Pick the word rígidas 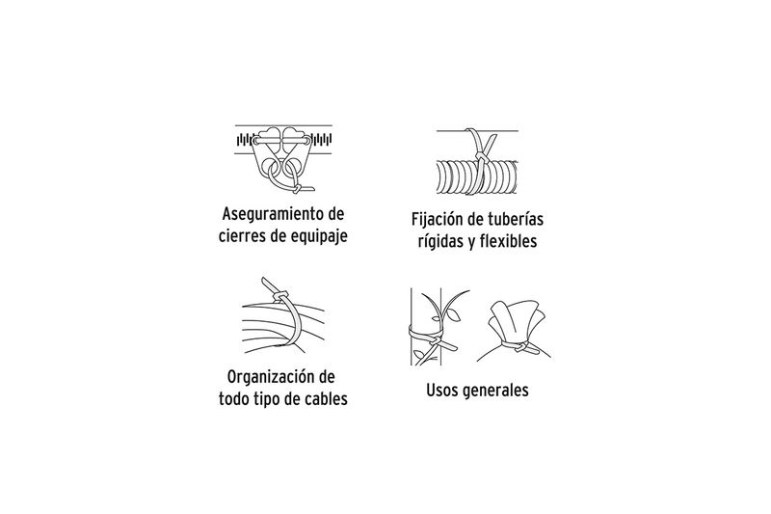pyautogui.click(x=438, y=241)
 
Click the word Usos pyautogui.click(x=442, y=390)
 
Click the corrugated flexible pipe pyautogui.click(x=476, y=176)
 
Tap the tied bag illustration pyautogui.click(x=514, y=331)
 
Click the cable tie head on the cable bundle pyautogui.click(x=279, y=297)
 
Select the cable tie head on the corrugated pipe pyautogui.click(x=480, y=157)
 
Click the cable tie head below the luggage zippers pyautogui.click(x=298, y=189)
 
